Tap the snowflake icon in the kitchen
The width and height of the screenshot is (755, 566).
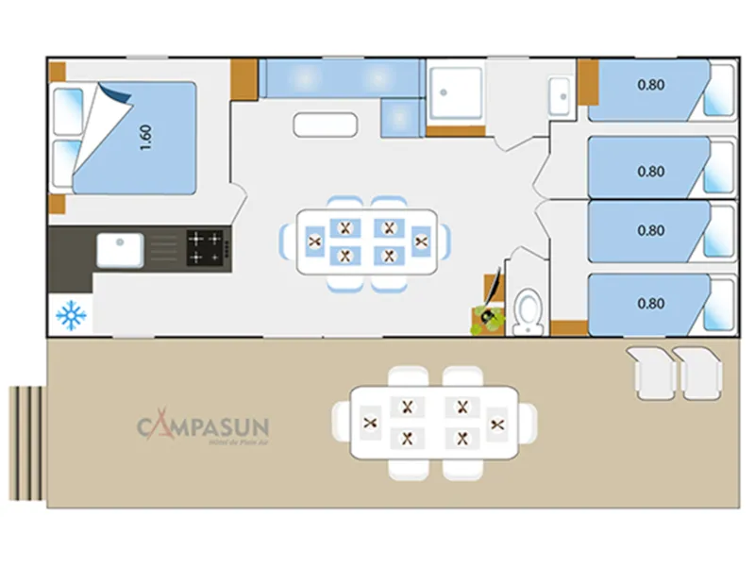(x=71, y=315)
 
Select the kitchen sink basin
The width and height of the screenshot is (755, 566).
(x=120, y=250)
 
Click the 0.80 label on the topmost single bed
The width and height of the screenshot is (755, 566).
(x=650, y=84)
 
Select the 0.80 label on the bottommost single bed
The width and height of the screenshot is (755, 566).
(x=650, y=304)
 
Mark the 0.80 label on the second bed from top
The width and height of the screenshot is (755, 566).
(x=650, y=172)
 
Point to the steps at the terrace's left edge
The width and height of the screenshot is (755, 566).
(x=26, y=443)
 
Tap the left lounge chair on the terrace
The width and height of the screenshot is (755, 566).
(x=648, y=371)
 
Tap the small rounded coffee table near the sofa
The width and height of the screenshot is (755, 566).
(x=325, y=125)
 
